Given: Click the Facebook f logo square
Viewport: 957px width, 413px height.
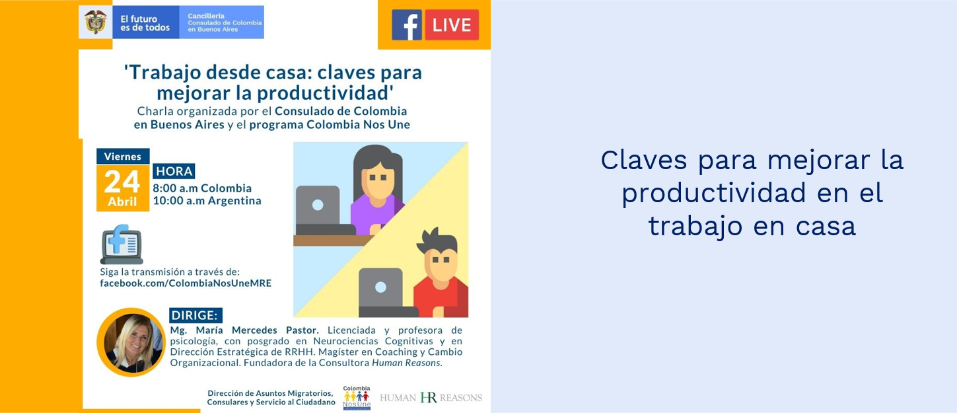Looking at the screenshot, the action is point(407,25).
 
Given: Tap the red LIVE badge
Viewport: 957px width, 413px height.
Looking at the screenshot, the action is point(452,25).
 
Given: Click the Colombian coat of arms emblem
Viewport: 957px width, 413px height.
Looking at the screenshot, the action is point(95,22).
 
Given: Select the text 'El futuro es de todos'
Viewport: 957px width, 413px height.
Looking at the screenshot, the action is point(145,23).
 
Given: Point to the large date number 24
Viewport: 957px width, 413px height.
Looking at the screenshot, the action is point(122,182).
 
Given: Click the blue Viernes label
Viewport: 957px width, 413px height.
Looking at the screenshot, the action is point(123,156).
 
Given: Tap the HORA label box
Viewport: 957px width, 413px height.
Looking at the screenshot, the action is point(174,171).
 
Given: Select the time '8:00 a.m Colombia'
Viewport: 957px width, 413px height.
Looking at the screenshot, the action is point(202,188).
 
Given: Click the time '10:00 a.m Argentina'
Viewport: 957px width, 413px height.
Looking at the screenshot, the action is point(207,200).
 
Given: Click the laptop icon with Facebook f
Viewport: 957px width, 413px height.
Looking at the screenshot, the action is point(122,244).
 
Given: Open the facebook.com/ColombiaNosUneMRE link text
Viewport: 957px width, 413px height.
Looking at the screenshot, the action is point(186,283).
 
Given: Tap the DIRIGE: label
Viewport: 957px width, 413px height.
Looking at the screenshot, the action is point(195,315).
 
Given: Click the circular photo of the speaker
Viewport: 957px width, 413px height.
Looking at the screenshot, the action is point(131,342).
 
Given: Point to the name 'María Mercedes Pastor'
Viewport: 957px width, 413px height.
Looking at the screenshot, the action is point(257,330).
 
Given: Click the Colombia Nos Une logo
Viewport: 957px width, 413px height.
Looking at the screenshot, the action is point(357,398).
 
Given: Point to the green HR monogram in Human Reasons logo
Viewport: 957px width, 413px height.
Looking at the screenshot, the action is point(429,398).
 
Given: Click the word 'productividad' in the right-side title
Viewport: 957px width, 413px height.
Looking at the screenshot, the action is point(713,193).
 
